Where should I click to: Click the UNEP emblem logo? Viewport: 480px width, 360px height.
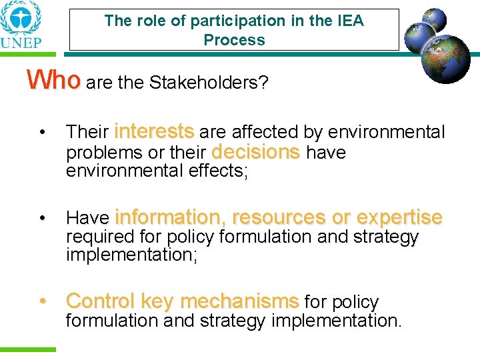tap(20, 19)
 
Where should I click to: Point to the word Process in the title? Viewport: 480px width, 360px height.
tap(234, 40)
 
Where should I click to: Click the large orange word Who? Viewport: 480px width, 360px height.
tap(53, 80)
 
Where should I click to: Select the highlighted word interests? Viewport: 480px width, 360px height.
tap(154, 131)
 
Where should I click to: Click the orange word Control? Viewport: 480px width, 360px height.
tap(101, 301)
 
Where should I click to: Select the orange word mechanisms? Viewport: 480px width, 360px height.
tap(239, 301)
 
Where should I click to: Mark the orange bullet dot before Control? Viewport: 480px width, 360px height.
tap(42, 301)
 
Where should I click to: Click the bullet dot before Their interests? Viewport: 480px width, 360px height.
tap(42, 132)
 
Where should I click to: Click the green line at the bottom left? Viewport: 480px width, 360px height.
tap(28, 349)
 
